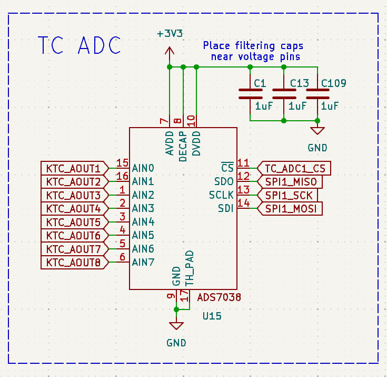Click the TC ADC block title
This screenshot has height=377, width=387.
pyautogui.click(x=80, y=46)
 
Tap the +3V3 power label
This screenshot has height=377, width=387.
pyautogui.click(x=170, y=33)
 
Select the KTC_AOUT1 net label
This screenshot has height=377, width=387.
pyautogui.click(x=73, y=169)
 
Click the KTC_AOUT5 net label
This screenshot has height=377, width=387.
pyautogui.click(x=73, y=222)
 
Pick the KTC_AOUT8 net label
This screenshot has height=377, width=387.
pyautogui.click(x=73, y=262)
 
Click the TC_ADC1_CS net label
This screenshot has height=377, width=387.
pyautogui.click(x=295, y=169)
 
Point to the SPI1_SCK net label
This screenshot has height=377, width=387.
pyautogui.click(x=289, y=196)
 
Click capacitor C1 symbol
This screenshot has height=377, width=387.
pyautogui.click(x=250, y=94)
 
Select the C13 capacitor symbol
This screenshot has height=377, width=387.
pyautogui.click(x=284, y=94)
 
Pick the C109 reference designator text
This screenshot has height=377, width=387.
pyautogui.click(x=333, y=83)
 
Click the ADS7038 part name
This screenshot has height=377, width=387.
pyautogui.click(x=219, y=297)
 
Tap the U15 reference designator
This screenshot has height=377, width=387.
pyautogui.click(x=212, y=316)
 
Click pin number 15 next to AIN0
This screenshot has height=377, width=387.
pyautogui.click(x=122, y=163)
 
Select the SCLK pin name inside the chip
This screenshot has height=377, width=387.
pyautogui.click(x=221, y=195)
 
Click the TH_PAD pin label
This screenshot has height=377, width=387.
pyautogui.click(x=190, y=268)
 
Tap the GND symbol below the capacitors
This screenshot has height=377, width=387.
pyautogui.click(x=317, y=132)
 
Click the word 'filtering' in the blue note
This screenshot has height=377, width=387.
pyautogui.click(x=254, y=46)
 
